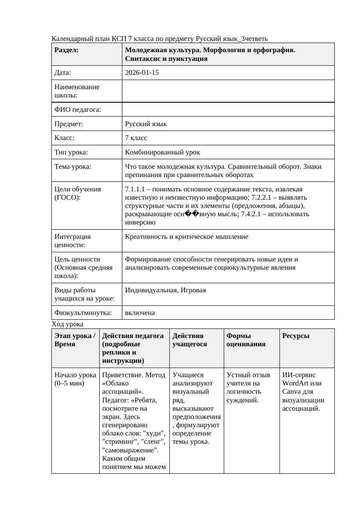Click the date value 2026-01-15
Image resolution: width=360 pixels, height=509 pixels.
click(x=141, y=73)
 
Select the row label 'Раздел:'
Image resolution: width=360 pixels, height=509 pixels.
click(x=67, y=50)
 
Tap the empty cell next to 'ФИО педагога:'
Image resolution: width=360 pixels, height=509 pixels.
click(x=228, y=110)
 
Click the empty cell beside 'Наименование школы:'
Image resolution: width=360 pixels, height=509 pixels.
click(x=228, y=91)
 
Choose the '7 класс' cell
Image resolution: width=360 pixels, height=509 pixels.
click(x=136, y=138)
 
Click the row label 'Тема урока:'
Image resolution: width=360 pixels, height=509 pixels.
click(x=73, y=166)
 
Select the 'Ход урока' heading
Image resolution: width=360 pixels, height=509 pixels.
click(x=67, y=324)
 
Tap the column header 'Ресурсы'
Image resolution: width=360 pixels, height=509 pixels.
click(x=296, y=336)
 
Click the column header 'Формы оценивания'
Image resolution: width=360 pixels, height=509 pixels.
click(x=246, y=340)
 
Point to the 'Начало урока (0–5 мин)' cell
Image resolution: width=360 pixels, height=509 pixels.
click(x=75, y=379)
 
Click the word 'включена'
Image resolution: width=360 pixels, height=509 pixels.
click(x=140, y=313)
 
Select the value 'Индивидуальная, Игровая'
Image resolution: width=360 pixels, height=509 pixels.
click(x=165, y=290)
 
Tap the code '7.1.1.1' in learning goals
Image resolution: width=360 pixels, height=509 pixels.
click(x=135, y=189)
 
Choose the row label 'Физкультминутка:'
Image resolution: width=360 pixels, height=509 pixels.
click(x=83, y=313)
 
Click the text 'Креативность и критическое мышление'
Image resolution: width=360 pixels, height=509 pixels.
click(x=186, y=237)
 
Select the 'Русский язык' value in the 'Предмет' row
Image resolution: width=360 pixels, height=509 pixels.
click(x=145, y=124)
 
